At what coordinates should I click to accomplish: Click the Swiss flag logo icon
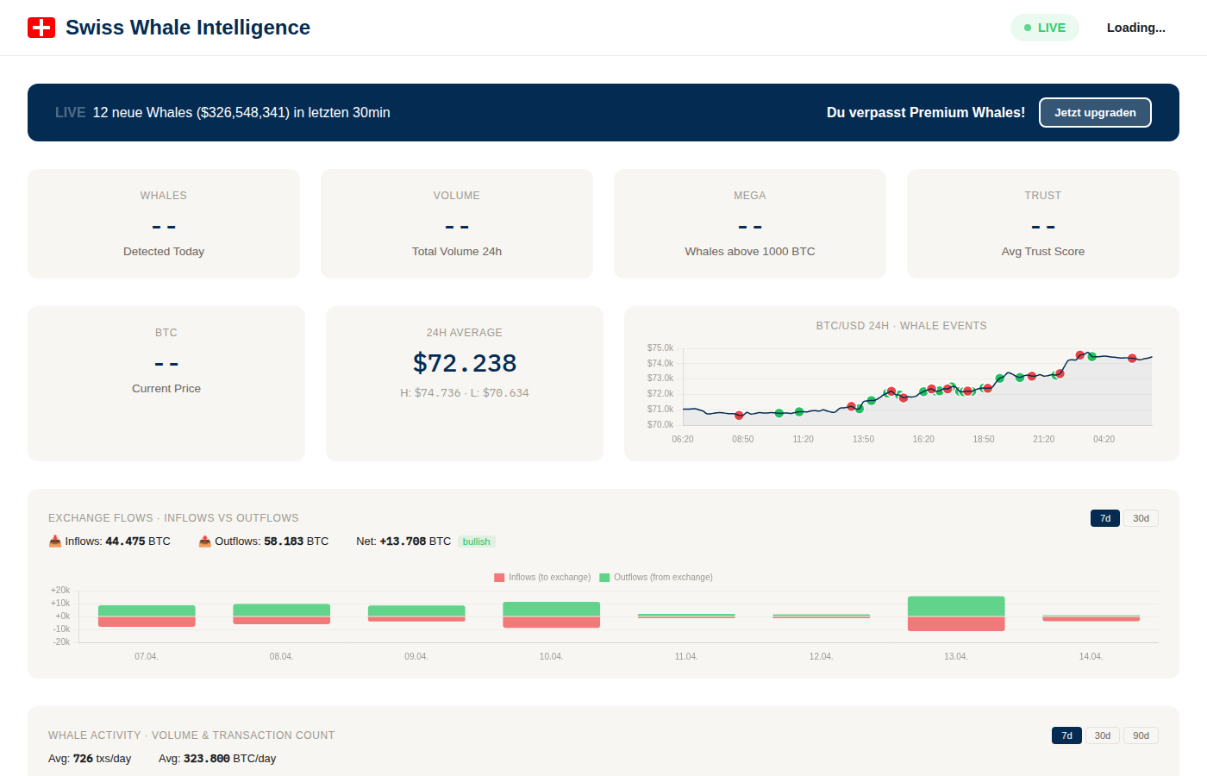click(41, 28)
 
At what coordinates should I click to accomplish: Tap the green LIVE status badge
click(1044, 28)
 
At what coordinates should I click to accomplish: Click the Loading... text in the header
click(1135, 28)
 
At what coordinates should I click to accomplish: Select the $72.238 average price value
click(465, 363)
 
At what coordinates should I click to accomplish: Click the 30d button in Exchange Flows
click(1141, 518)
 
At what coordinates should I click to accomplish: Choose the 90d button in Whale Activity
click(1141, 735)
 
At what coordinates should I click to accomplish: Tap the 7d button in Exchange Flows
click(1104, 518)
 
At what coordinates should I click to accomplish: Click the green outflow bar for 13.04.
click(956, 606)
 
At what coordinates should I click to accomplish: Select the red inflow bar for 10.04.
click(551, 623)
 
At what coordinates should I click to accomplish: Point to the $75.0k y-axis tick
click(660, 348)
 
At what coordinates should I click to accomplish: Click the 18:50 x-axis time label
click(984, 440)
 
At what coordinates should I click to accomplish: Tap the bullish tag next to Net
click(476, 541)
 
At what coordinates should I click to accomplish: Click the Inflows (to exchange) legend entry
click(542, 578)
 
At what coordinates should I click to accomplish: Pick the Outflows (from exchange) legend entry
click(656, 578)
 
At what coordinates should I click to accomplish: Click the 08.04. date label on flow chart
click(281, 657)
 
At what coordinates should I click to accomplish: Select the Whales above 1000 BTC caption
click(749, 252)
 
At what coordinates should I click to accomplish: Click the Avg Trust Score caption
click(1042, 252)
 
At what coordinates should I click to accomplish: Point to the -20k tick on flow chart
click(61, 642)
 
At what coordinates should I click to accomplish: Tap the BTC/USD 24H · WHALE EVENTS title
click(901, 326)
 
